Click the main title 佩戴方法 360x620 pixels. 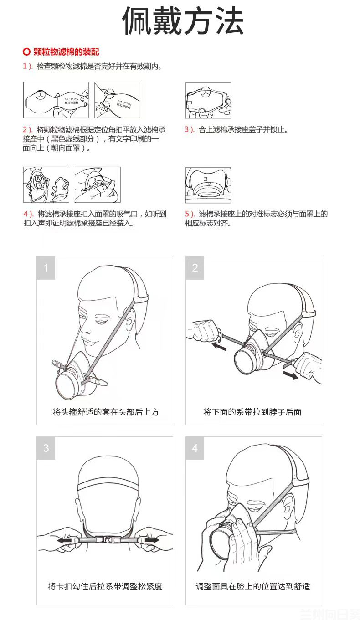point(183,20)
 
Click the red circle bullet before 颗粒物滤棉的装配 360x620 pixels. point(26,52)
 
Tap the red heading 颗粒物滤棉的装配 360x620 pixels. point(66,52)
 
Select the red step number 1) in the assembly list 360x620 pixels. point(27,66)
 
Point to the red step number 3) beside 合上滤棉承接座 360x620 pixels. point(189,129)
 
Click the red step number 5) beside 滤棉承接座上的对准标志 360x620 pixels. point(190,214)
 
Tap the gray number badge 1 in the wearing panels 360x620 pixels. point(46,268)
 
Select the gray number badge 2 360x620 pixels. point(195,268)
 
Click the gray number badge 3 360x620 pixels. point(46,448)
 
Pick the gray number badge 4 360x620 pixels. point(195,448)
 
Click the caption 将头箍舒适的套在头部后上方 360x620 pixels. point(106,412)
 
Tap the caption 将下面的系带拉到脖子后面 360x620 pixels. point(252,412)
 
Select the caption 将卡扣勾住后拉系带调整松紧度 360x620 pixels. point(105,586)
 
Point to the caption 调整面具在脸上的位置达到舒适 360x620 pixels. point(253,586)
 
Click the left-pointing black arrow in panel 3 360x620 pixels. point(67,540)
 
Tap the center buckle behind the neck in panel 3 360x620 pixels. point(108,540)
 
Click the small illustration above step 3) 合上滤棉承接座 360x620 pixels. point(208,100)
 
